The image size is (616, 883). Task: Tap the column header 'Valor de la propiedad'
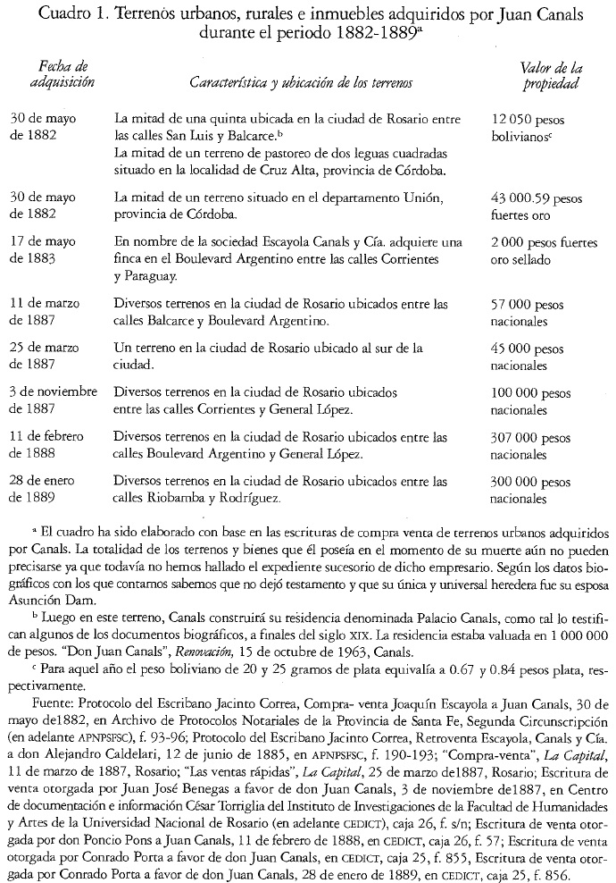[552, 74]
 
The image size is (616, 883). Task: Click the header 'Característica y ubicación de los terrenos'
[301, 82]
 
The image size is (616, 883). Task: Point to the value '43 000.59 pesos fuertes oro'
[535, 205]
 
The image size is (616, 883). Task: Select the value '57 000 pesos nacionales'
[528, 313]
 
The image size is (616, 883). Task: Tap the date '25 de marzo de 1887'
[50, 356]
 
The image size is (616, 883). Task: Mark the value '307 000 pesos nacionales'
[533, 445]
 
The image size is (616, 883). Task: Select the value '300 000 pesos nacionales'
[533, 489]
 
